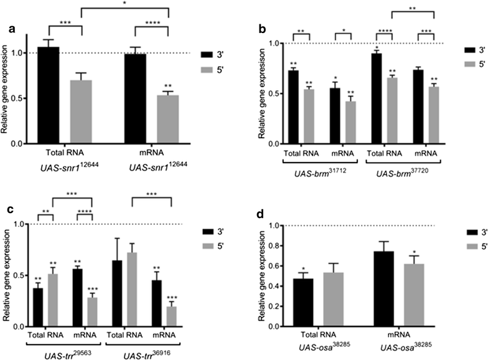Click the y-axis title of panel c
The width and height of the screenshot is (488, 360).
click(x=6, y=275)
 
